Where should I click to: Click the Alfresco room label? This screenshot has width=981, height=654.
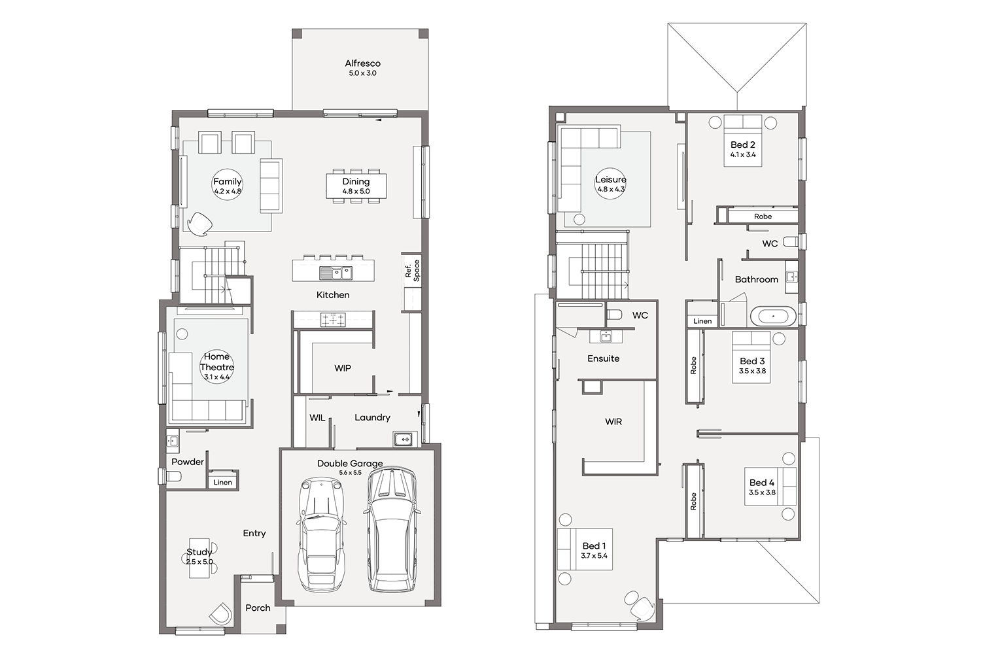(x=362, y=63)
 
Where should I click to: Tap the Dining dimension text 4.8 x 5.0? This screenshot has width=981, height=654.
(x=356, y=192)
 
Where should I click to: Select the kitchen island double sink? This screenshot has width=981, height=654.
(x=336, y=273)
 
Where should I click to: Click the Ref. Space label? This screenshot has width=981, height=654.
(x=412, y=271)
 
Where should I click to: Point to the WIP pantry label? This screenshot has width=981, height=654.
(x=343, y=368)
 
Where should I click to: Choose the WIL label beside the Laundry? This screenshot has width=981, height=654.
(x=317, y=418)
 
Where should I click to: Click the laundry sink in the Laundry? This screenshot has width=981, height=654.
(x=403, y=438)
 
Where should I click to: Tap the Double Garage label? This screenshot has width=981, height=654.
(x=350, y=464)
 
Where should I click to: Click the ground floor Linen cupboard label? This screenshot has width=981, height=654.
(x=222, y=482)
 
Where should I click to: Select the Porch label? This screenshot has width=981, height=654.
(x=258, y=608)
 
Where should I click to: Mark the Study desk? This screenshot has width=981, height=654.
(x=199, y=558)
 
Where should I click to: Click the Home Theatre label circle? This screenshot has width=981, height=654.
(x=216, y=367)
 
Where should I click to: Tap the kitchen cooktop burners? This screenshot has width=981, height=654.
(x=333, y=320)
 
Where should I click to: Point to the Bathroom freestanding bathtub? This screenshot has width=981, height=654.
(x=774, y=316)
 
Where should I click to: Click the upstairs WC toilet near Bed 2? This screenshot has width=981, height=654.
(x=791, y=241)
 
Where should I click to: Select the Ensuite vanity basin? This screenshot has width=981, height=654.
(x=606, y=336)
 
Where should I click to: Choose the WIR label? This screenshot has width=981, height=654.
(x=613, y=422)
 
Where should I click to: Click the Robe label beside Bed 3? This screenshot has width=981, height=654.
(x=693, y=366)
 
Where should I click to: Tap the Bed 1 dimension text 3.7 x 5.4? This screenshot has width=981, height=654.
(x=594, y=556)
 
